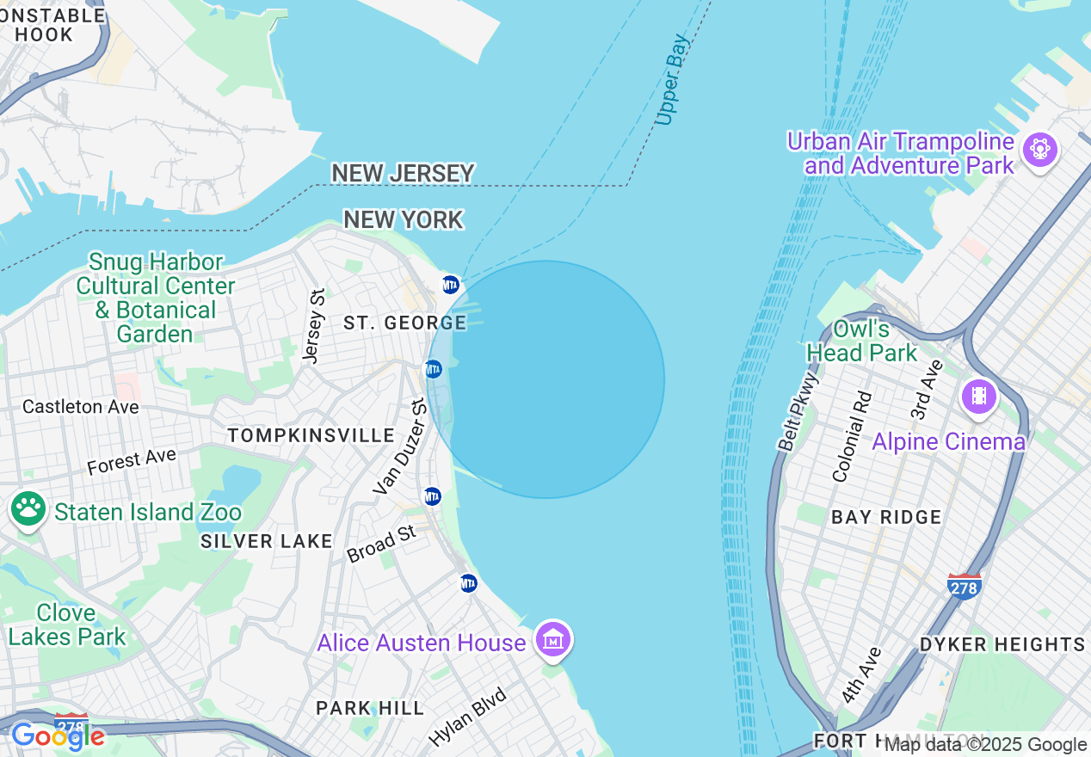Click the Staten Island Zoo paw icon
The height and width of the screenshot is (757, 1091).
[x=28, y=510]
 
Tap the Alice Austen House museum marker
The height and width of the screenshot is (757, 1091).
[x=554, y=640]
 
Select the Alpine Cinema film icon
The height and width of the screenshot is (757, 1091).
[x=979, y=397]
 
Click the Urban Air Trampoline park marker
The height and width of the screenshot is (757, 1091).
[x=1039, y=150]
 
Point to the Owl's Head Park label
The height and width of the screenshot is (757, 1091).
[x=861, y=341]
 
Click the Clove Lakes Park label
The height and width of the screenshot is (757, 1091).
[x=67, y=625]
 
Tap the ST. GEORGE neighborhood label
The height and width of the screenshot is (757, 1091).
[x=404, y=323]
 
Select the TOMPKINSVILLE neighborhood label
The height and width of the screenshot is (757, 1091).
[x=311, y=435]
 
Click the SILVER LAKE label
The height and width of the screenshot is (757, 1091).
[x=266, y=541]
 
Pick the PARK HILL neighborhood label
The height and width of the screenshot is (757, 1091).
[x=370, y=708]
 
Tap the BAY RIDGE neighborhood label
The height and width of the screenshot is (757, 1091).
[x=886, y=517]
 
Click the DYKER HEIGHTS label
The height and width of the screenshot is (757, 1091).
[x=1002, y=644]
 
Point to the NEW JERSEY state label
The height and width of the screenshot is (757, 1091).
[x=403, y=173]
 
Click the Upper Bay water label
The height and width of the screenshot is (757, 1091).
[x=672, y=80]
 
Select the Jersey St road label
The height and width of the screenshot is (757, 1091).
[x=315, y=325]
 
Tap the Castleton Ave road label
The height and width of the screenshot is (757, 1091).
[x=81, y=406]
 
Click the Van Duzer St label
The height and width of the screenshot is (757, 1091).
[x=400, y=447]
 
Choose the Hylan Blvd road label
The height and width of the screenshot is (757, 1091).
[x=467, y=717]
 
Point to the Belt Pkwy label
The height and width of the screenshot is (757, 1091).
[x=798, y=411]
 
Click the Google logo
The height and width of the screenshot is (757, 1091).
[x=58, y=736]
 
